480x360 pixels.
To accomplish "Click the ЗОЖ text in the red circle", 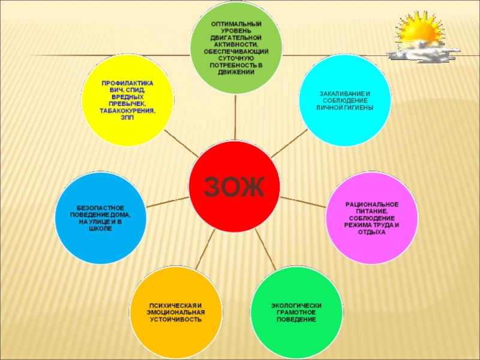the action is coord(235,187).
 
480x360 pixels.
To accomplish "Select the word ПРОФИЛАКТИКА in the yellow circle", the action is coord(127,83).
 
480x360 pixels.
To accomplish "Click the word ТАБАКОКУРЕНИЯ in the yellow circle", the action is coord(127,112).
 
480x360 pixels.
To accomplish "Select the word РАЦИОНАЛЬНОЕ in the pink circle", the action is coord(371,205).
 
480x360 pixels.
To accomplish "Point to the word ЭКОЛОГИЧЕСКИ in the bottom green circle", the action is coord(296,305).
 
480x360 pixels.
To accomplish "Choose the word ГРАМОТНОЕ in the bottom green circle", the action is coord(296,313).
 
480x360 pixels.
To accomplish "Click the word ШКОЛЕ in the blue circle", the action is coord(100,229).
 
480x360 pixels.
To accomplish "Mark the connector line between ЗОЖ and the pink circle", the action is coord(304,200).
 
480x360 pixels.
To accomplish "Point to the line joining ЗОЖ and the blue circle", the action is coord(167,202).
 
